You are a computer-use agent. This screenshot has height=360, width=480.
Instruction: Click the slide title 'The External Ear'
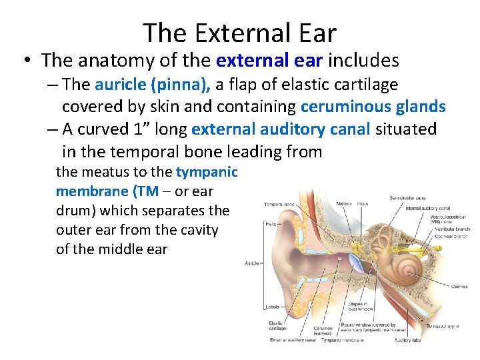click(x=240, y=32)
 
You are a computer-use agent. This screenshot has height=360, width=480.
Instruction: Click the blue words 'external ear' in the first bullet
click(x=269, y=61)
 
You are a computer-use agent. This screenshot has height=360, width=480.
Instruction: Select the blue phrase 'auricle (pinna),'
click(x=152, y=85)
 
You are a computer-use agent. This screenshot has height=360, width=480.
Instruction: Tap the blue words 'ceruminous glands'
click(x=373, y=107)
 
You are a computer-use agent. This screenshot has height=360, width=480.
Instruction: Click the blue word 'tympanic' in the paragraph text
click(x=207, y=172)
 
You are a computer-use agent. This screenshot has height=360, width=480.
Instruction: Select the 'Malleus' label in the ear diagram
click(x=344, y=203)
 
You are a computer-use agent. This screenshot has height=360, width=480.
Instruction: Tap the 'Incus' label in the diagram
click(x=363, y=203)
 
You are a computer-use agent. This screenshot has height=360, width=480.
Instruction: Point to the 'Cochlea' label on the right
click(x=458, y=287)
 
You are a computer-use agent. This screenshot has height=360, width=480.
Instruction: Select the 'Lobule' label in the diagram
click(x=271, y=307)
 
